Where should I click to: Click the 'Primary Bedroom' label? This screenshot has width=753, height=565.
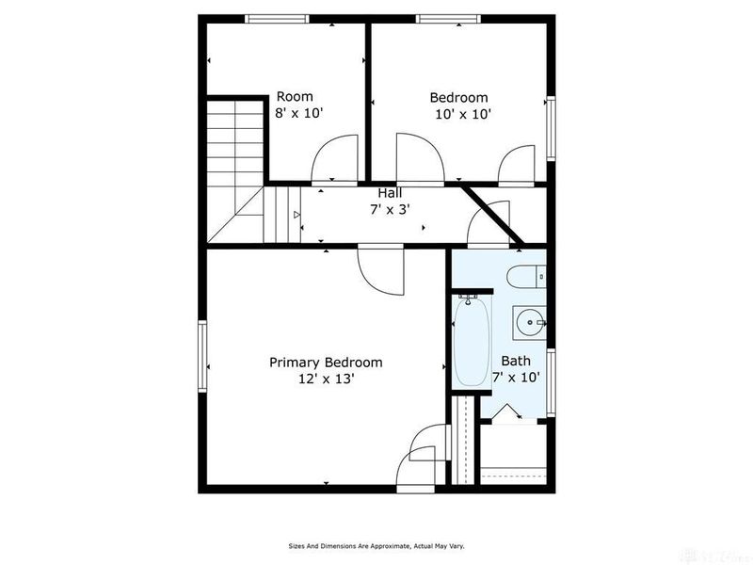(x=326, y=363)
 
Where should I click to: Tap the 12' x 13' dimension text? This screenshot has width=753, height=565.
(x=326, y=379)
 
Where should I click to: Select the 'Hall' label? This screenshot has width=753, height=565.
(x=390, y=193)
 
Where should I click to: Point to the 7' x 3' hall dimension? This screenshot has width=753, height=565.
(x=390, y=209)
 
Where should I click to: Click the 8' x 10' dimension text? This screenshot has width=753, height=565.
(x=298, y=113)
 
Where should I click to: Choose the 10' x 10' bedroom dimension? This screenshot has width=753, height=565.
(x=462, y=114)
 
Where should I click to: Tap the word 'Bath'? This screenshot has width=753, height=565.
(x=516, y=361)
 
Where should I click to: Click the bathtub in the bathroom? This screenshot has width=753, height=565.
(x=473, y=342)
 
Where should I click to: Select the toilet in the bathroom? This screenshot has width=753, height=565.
(x=526, y=277)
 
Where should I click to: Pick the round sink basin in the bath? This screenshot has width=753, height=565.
(x=529, y=323)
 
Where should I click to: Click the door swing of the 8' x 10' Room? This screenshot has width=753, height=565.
(x=335, y=159)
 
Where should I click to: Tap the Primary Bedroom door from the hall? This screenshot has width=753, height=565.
(x=381, y=269)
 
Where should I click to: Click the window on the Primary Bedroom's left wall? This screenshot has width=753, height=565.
(x=202, y=356)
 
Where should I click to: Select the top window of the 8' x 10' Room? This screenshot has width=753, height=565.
(x=277, y=19)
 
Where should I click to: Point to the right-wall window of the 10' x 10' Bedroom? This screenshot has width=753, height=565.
(x=551, y=128)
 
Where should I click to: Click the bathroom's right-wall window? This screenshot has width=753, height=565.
(x=551, y=382)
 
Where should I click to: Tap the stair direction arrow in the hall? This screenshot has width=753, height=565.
(x=296, y=215)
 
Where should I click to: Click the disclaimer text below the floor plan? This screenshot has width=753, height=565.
(x=376, y=546)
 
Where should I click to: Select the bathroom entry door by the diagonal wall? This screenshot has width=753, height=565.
(x=489, y=224)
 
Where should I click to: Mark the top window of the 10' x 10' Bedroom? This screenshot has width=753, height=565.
(x=448, y=19)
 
